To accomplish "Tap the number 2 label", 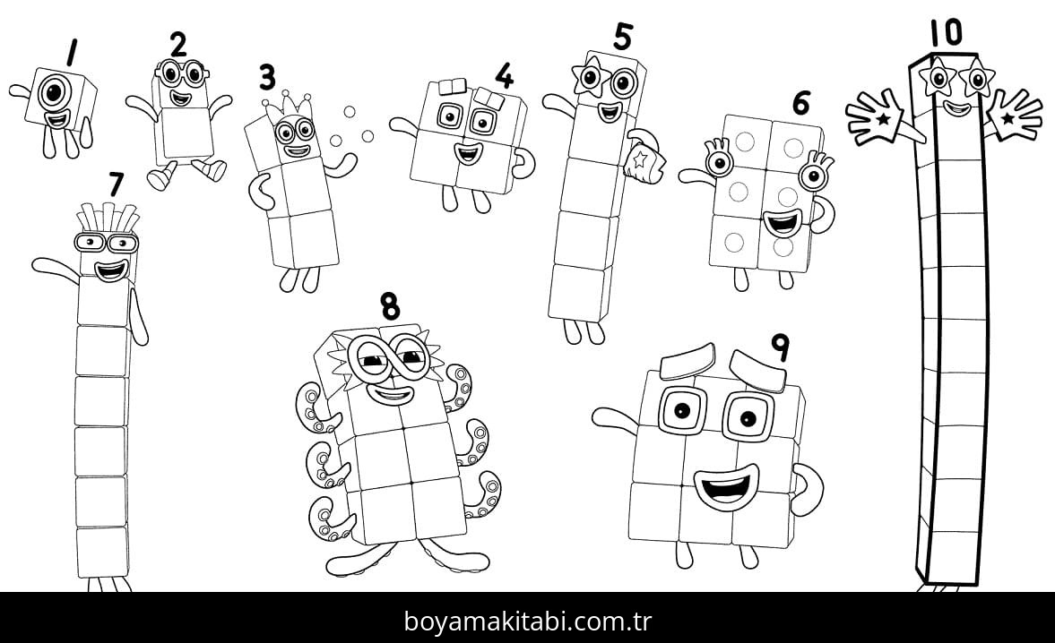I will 179,44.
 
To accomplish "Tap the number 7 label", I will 116,184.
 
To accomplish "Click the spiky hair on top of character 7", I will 106,218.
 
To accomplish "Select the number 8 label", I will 389,305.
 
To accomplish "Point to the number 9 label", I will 780,347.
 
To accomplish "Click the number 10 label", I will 945,32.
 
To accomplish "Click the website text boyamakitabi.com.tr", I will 527,620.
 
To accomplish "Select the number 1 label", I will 70,53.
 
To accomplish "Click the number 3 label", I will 267,77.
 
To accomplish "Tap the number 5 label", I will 623,37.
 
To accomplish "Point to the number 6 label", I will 800,103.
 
